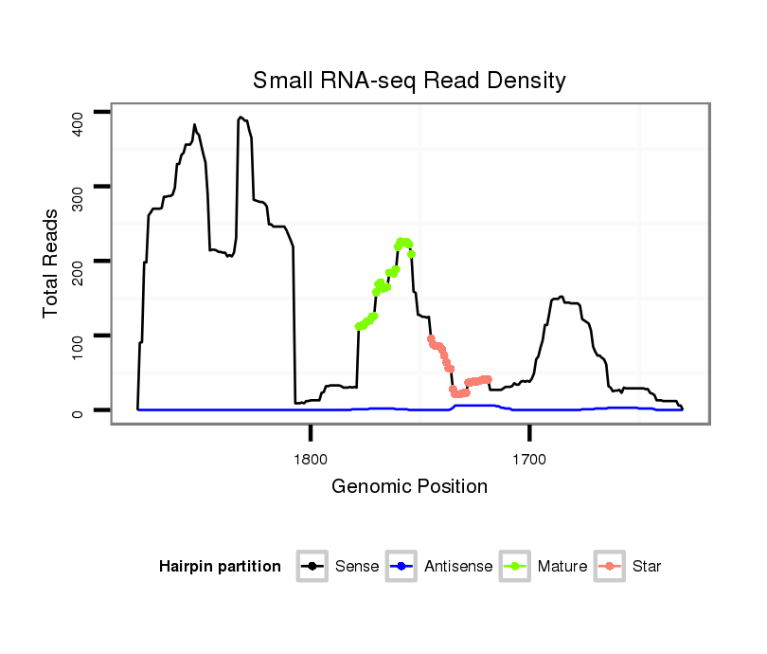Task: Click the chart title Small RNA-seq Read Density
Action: click(409, 81)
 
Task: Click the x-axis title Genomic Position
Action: click(409, 487)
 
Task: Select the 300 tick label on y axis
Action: click(79, 187)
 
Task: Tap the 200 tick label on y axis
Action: click(79, 261)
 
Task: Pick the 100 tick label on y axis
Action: click(79, 336)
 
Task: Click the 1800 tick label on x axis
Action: click(311, 461)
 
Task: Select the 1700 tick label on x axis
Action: click(529, 461)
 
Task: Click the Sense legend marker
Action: click(312, 567)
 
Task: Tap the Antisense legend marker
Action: click(401, 567)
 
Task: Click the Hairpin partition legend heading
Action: click(220, 567)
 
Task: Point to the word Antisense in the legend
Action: click(458, 567)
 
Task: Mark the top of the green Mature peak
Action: click(403, 242)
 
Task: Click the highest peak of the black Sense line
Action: click(241, 118)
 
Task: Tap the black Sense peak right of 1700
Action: click(561, 297)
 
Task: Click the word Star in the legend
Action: click(649, 567)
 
